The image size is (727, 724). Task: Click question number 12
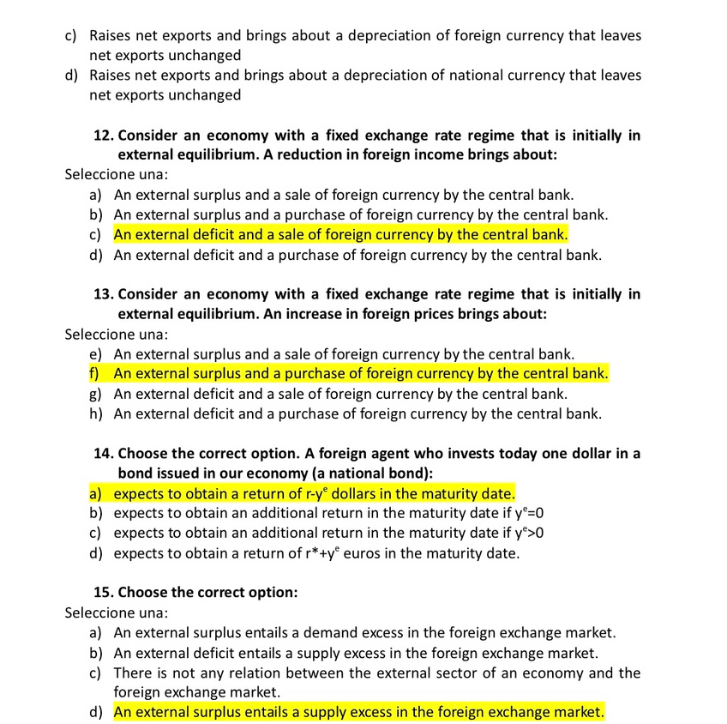104,136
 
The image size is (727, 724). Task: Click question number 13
104,294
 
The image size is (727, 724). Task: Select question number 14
104,454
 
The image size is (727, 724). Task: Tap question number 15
104,593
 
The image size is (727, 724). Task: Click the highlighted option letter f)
94,374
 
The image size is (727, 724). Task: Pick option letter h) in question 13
95,414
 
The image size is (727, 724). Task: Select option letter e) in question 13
95,353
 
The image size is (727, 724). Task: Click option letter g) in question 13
95,394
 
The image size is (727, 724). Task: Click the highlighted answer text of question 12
340,235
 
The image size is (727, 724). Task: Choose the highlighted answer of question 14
314,494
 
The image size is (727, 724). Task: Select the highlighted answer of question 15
358,713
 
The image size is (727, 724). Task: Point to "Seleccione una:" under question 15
117,613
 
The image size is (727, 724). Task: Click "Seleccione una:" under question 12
117,175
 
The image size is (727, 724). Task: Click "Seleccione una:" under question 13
117,334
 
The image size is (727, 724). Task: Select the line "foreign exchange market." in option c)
196,692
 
